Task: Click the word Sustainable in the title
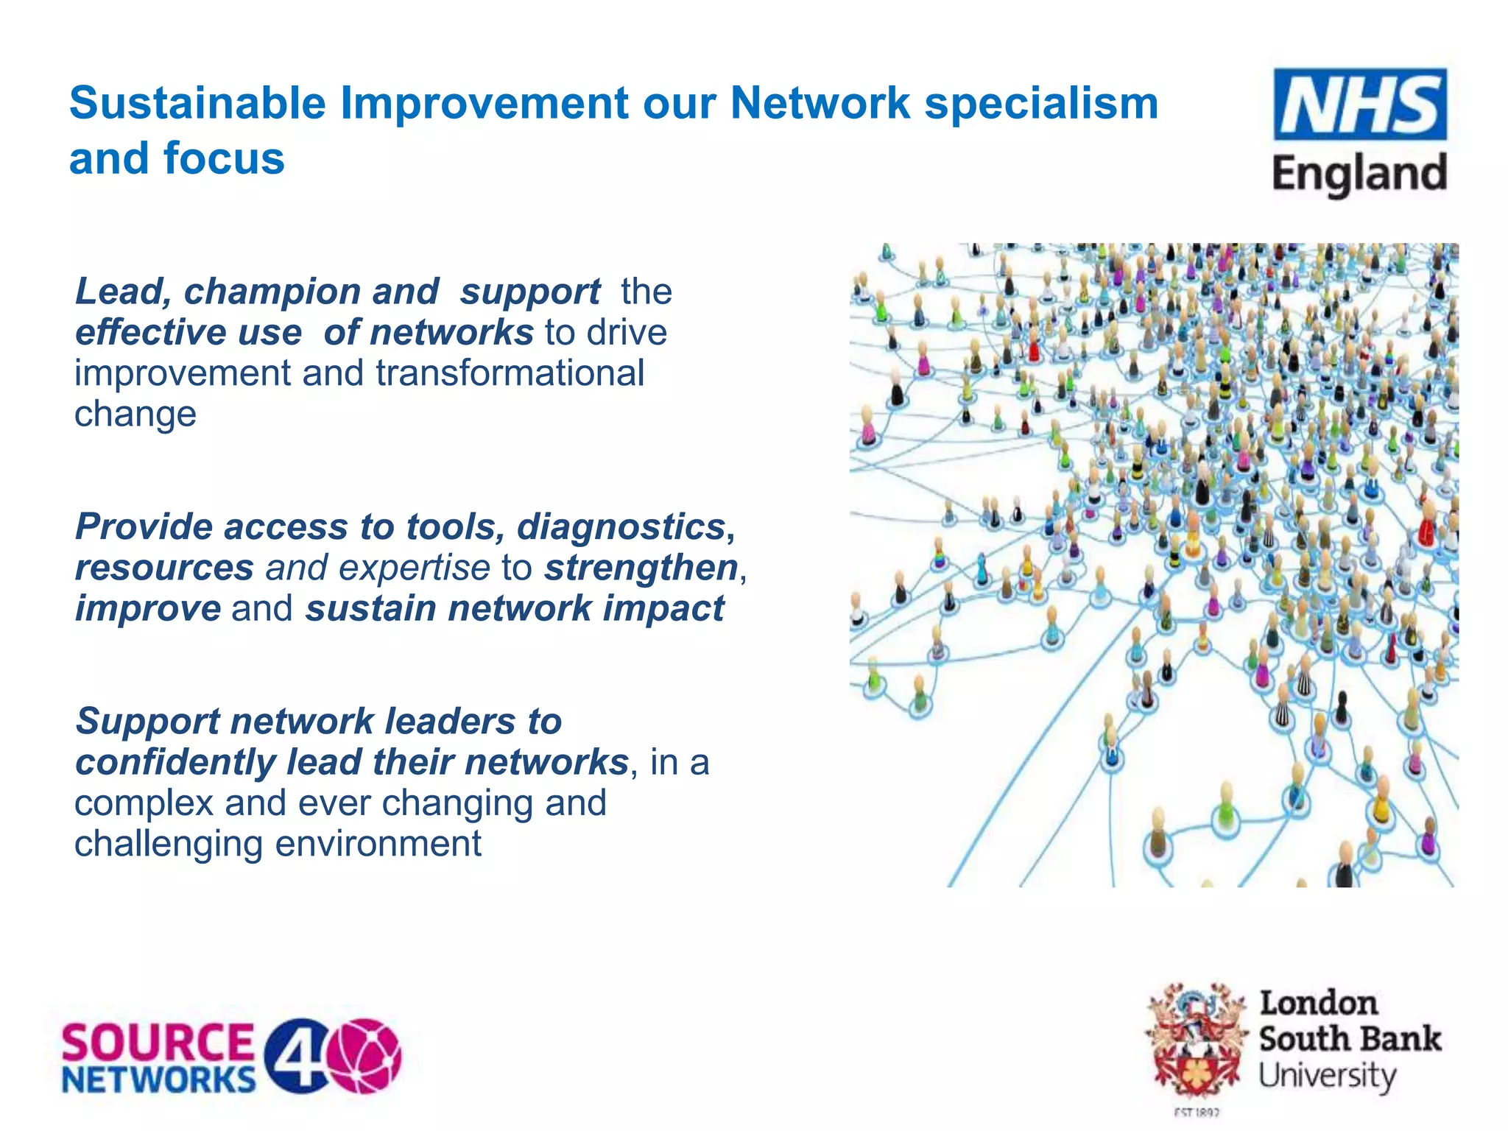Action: coord(197,103)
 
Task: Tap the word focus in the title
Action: coord(224,159)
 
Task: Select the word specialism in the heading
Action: coord(1041,103)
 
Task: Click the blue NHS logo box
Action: coord(1360,105)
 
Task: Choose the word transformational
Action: coord(510,373)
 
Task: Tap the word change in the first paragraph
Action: coord(135,414)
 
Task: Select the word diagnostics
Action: coord(625,527)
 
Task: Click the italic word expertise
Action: coord(414,568)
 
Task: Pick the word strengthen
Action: coord(641,568)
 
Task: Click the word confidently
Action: coord(175,762)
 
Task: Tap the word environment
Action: coord(378,844)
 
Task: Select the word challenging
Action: coord(169,844)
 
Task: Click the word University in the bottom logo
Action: coord(1327,1077)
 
